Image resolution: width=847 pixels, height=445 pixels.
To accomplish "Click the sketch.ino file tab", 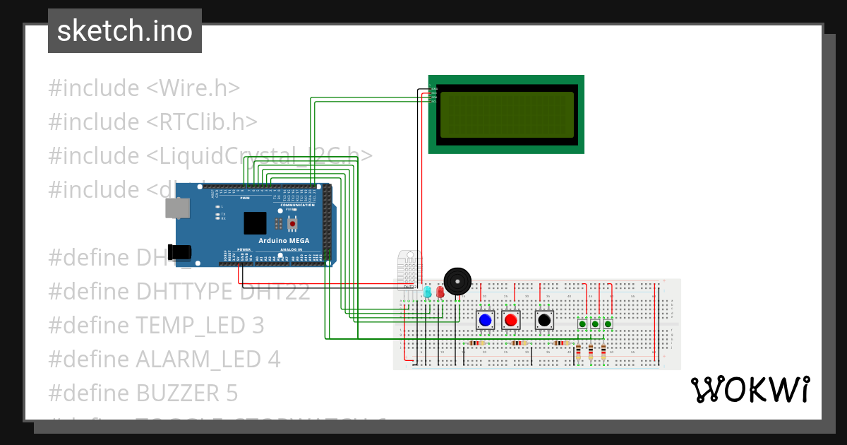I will coord(125,31).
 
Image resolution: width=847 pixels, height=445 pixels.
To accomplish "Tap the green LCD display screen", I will coord(507,114).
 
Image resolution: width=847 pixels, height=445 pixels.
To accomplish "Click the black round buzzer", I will coord(456,281).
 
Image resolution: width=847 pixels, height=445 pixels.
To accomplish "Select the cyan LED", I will coord(427,291).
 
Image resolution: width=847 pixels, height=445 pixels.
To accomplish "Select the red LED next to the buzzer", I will coord(440,291).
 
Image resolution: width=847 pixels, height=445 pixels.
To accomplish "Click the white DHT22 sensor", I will coord(409,268).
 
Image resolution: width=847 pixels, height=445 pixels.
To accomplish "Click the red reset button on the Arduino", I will coord(292,224).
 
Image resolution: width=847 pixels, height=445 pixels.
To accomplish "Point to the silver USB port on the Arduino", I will coord(176,208).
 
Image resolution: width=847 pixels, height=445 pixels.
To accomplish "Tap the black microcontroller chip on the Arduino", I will coord(255,223).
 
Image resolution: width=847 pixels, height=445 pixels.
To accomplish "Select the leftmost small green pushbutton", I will coord(582,324).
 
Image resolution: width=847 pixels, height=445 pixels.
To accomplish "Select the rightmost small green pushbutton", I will coord(608,324).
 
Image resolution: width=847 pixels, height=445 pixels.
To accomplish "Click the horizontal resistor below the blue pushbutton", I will coord(477,343).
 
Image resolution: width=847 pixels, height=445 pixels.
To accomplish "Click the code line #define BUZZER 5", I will coord(143,393).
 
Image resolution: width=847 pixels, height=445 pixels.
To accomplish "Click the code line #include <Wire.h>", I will coord(144,88).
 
